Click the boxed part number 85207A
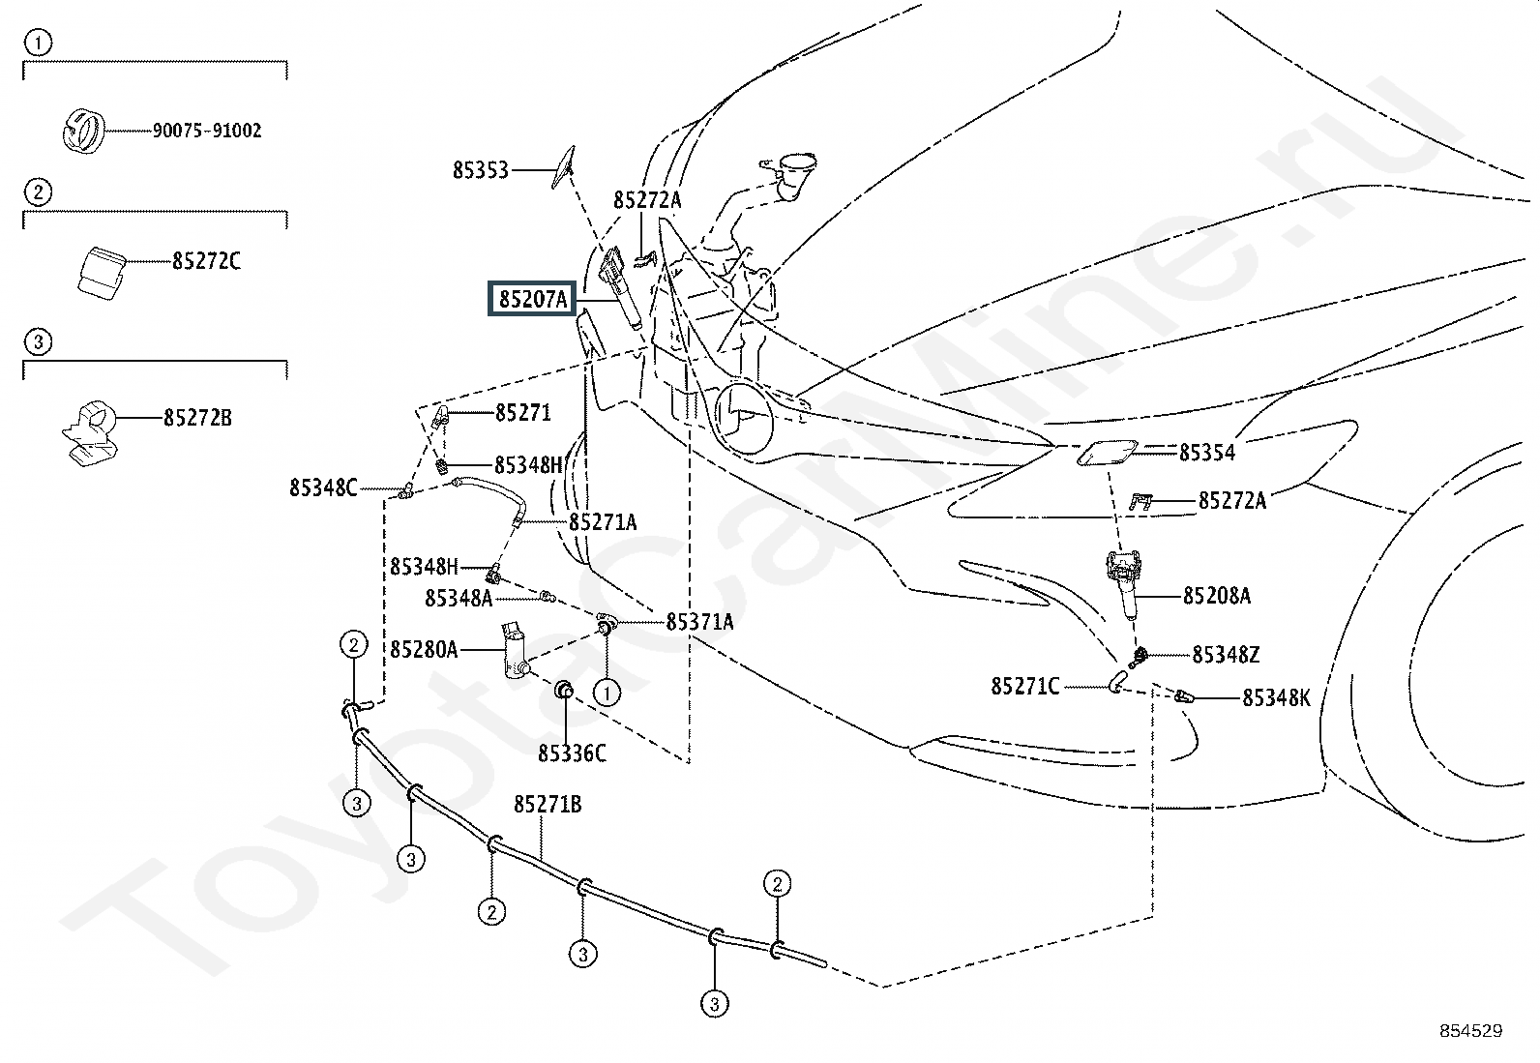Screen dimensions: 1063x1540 (532, 300)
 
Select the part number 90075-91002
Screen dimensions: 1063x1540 (206, 131)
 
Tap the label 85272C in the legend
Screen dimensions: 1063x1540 (206, 261)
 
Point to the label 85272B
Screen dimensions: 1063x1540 (197, 418)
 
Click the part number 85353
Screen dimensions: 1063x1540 (480, 171)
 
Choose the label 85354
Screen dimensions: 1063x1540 (1206, 452)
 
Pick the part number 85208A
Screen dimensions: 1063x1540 (1216, 596)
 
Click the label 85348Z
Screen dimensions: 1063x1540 (1226, 656)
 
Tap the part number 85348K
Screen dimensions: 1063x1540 (1276, 697)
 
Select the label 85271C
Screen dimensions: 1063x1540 (1024, 687)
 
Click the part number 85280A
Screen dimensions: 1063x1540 (424, 649)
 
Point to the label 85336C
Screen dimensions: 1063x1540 (572, 753)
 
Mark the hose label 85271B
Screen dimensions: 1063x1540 (548, 804)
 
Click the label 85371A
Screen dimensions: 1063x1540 (699, 622)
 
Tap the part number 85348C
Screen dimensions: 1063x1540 (323, 487)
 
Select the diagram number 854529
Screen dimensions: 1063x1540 (1470, 1031)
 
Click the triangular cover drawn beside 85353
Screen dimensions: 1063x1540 (563, 164)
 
